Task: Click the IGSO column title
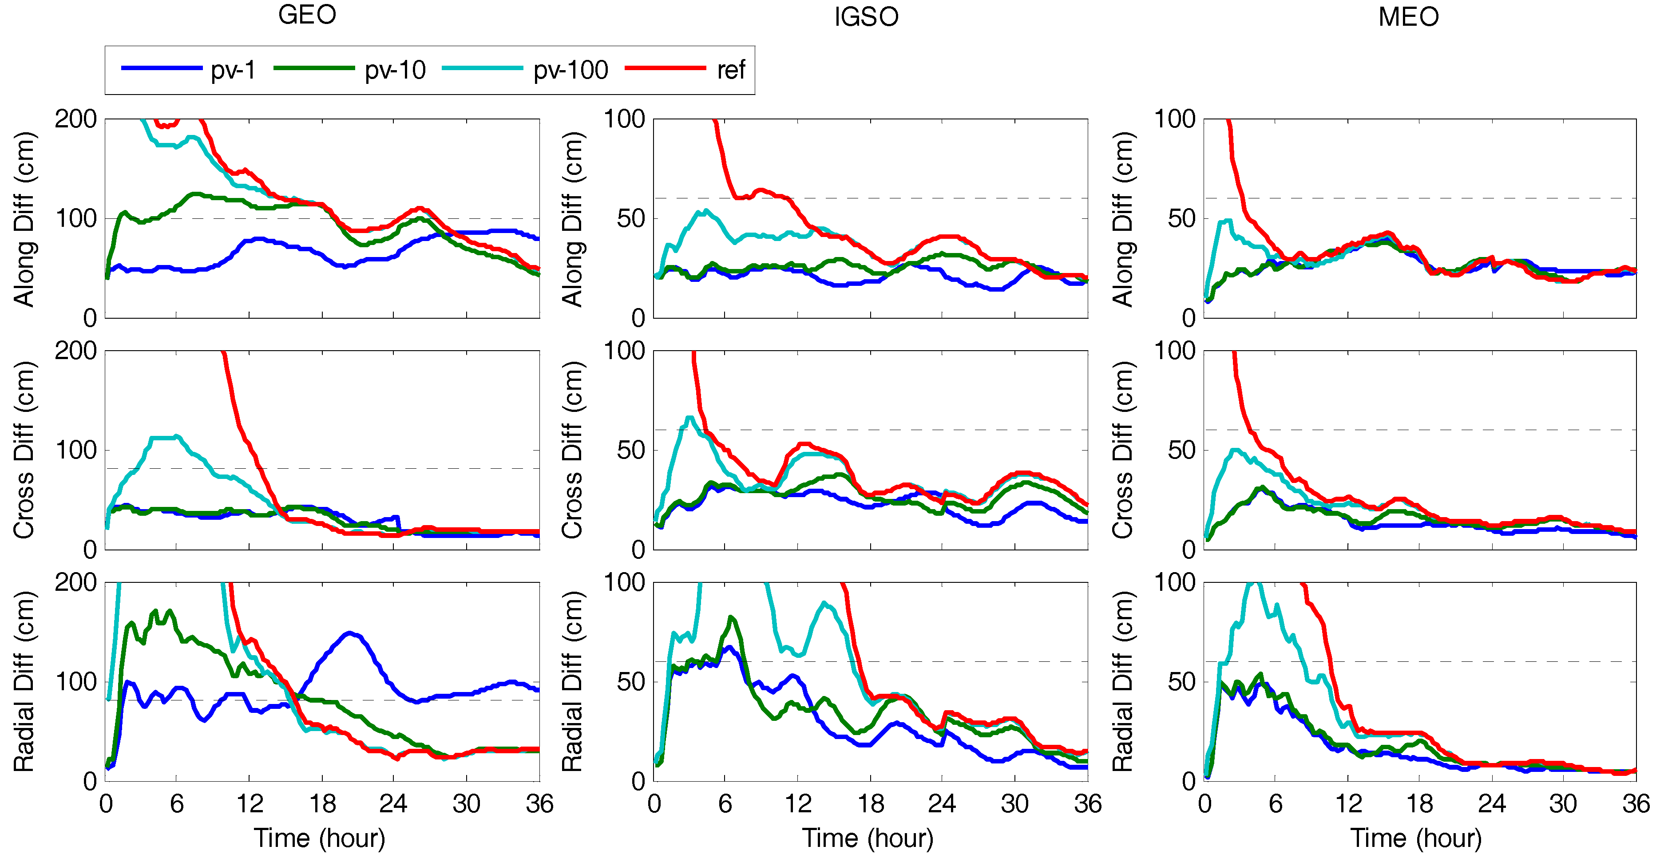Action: [866, 17]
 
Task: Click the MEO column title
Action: [1409, 17]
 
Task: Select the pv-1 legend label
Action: [233, 70]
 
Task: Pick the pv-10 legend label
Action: [395, 70]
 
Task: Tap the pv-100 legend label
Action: [571, 70]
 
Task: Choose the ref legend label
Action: [731, 70]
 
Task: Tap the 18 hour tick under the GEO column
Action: [322, 803]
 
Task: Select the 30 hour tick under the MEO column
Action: [1563, 803]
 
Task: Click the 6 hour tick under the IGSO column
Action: [725, 803]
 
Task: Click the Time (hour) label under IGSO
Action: [868, 838]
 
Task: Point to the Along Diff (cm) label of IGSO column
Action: [572, 218]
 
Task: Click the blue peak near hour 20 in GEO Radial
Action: [349, 633]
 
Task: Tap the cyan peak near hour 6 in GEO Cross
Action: [176, 436]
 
